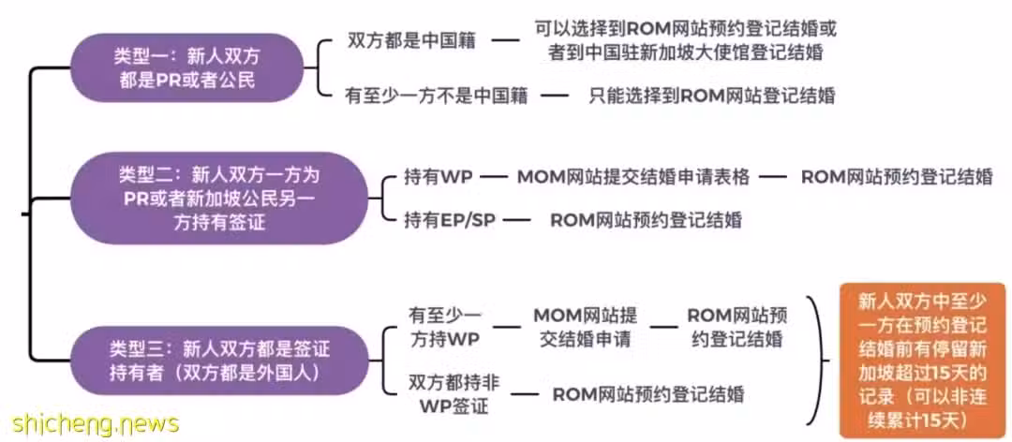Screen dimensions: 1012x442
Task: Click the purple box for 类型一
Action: [186, 67]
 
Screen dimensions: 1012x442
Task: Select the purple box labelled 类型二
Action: [218, 199]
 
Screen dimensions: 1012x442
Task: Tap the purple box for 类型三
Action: [218, 361]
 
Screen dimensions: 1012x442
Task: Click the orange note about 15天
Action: [922, 360]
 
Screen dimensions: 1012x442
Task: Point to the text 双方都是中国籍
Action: [411, 40]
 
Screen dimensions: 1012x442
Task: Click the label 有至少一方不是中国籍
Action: [437, 96]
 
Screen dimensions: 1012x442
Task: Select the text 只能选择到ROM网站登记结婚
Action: [712, 96]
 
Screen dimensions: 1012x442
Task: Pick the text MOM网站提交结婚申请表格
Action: [633, 177]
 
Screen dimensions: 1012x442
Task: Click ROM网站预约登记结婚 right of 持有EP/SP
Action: [646, 220]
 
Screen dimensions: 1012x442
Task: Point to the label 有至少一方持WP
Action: [445, 327]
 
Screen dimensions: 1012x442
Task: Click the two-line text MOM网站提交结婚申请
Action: [586, 327]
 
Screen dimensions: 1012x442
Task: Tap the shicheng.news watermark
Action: [90, 424]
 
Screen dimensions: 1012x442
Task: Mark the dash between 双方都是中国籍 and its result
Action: [506, 40]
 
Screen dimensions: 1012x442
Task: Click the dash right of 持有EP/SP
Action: [516, 220]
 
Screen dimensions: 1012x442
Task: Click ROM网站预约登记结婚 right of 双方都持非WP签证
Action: [648, 393]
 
